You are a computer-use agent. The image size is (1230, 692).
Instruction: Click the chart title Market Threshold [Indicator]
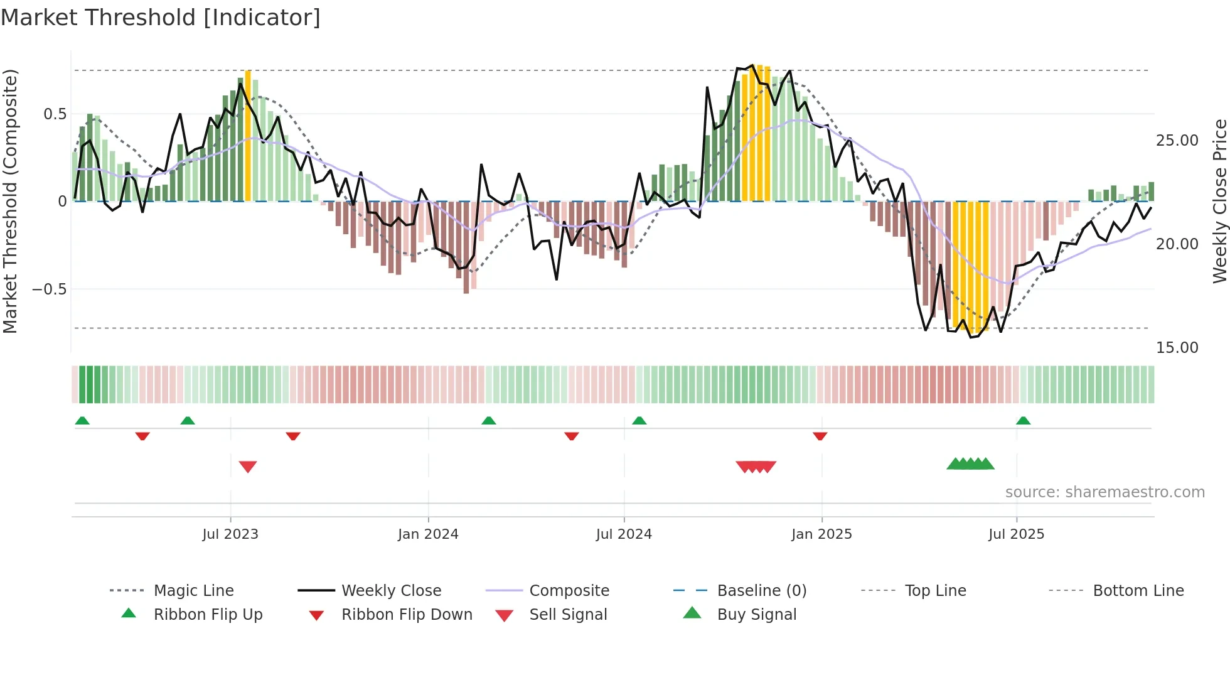pyautogui.click(x=161, y=18)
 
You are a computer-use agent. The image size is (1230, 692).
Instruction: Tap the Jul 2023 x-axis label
pyautogui.click(x=230, y=534)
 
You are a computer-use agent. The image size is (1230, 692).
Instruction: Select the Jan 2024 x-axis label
pyautogui.click(x=428, y=534)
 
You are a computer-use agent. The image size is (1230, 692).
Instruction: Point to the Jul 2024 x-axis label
pyautogui.click(x=624, y=534)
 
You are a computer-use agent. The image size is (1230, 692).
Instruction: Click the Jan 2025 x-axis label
pyautogui.click(x=821, y=534)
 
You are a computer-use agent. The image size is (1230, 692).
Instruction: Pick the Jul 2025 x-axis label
pyautogui.click(x=1016, y=534)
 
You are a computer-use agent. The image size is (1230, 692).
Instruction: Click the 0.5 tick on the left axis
pyautogui.click(x=55, y=114)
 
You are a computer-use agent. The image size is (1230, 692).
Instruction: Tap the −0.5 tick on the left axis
pyautogui.click(x=50, y=289)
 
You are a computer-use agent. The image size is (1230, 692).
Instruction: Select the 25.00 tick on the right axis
pyautogui.click(x=1177, y=141)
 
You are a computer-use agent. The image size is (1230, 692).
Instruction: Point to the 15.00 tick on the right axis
pyautogui.click(x=1177, y=348)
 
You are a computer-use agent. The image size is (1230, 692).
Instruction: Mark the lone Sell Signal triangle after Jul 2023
pyautogui.click(x=248, y=467)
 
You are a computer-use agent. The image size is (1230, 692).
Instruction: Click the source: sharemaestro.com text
pyautogui.click(x=1104, y=492)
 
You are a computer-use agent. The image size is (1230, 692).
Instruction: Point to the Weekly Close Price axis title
pyautogui.click(x=1219, y=201)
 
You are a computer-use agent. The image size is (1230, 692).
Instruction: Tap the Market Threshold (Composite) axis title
pyautogui.click(x=10, y=201)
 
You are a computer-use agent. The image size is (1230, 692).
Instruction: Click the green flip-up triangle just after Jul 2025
pyautogui.click(x=1023, y=421)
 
